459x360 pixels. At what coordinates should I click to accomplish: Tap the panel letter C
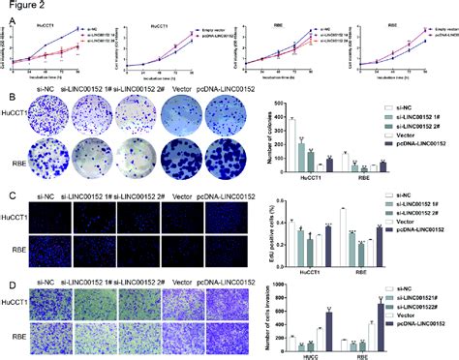[x=8, y=195]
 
